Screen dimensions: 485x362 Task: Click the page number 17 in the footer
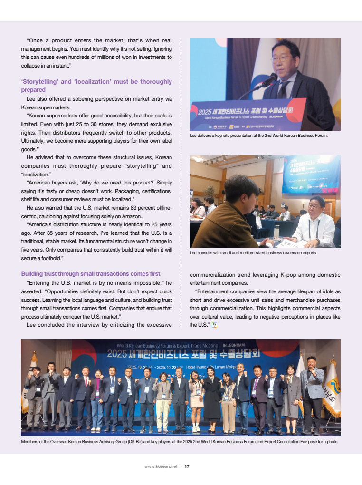point(187,466)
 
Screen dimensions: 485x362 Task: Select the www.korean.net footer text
point(161,466)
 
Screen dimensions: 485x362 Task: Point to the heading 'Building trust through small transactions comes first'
point(91,273)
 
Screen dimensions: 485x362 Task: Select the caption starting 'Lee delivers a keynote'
point(258,136)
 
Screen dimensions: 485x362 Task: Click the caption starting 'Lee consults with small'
point(253,253)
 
